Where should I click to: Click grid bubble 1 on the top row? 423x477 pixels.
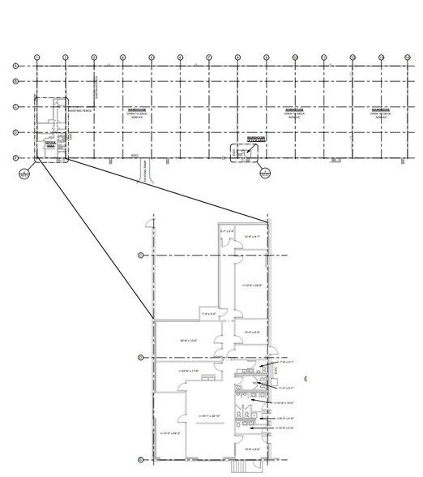click(36, 57)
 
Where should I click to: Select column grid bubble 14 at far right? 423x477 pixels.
click(407, 57)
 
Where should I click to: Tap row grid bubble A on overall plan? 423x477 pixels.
click(15, 66)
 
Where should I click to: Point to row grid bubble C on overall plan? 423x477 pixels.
click(15, 106)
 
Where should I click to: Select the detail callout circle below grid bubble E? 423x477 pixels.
click(24, 172)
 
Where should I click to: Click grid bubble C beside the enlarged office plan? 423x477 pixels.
click(140, 255)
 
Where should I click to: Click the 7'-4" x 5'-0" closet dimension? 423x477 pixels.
click(211, 313)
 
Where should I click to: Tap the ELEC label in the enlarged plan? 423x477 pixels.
click(276, 374)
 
